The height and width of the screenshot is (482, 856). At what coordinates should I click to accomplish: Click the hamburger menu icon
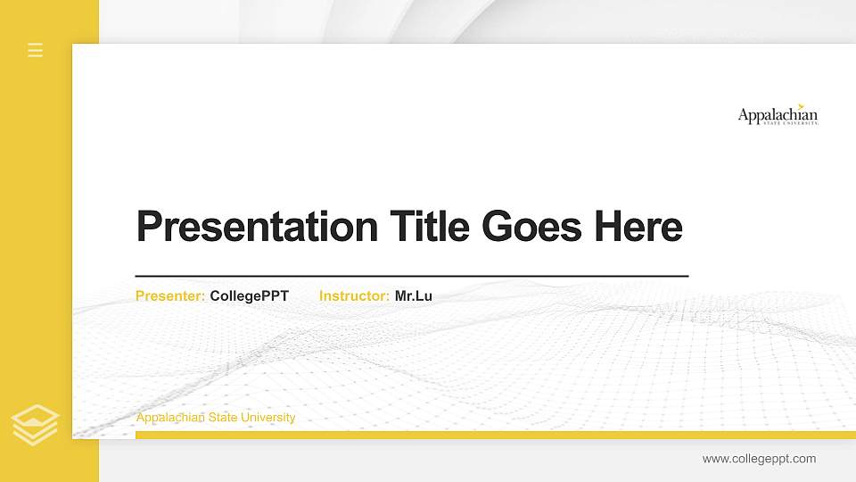point(35,50)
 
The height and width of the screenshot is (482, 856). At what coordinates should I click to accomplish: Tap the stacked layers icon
point(35,424)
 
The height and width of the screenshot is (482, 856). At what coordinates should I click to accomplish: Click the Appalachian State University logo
point(778,116)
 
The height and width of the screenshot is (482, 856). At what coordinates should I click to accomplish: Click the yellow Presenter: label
point(170,296)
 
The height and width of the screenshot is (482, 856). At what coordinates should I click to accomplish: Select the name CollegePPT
point(250,296)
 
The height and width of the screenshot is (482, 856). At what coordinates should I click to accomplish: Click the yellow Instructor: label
point(354,296)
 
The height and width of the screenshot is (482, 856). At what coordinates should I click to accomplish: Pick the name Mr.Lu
point(414,296)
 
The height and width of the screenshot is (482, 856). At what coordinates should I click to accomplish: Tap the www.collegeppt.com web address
point(759,459)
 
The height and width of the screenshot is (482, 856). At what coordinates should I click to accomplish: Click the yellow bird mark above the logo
point(801,105)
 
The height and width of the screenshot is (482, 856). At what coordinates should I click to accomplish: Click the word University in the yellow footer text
point(267,418)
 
